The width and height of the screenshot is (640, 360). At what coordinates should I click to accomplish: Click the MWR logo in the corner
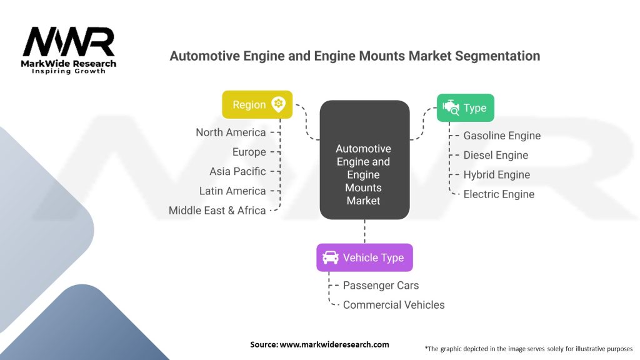(x=69, y=50)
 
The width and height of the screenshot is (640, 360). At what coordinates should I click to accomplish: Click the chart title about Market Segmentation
(x=354, y=56)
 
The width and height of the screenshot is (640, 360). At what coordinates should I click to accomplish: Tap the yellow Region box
(x=257, y=105)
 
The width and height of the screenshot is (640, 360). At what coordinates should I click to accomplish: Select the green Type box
(x=465, y=107)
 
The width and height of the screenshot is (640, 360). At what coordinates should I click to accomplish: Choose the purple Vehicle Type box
(x=364, y=257)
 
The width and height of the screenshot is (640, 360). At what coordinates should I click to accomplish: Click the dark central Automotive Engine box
(x=364, y=161)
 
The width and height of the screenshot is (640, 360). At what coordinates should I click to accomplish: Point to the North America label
(x=231, y=132)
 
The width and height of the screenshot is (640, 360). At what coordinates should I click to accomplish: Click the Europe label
(x=249, y=152)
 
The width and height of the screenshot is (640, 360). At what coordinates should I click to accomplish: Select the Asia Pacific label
(x=237, y=171)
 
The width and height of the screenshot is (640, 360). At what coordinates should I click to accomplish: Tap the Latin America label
(x=232, y=191)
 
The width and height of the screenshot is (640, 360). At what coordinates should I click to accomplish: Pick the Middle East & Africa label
(x=217, y=211)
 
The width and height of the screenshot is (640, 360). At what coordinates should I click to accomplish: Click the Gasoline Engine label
(x=502, y=136)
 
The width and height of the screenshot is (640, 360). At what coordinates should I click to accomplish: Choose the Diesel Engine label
(x=496, y=155)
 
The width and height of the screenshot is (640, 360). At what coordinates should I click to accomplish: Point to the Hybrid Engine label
(x=496, y=174)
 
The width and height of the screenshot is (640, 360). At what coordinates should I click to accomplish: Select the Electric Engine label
(x=499, y=194)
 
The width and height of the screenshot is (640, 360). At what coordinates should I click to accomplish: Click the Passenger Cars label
(x=381, y=285)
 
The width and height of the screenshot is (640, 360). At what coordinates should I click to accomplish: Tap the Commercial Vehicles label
(x=394, y=304)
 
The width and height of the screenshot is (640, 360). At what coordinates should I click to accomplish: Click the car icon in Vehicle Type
(x=330, y=257)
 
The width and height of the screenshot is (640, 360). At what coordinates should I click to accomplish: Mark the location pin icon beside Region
(x=278, y=104)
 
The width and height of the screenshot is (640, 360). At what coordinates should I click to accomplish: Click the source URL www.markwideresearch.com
(x=334, y=344)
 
